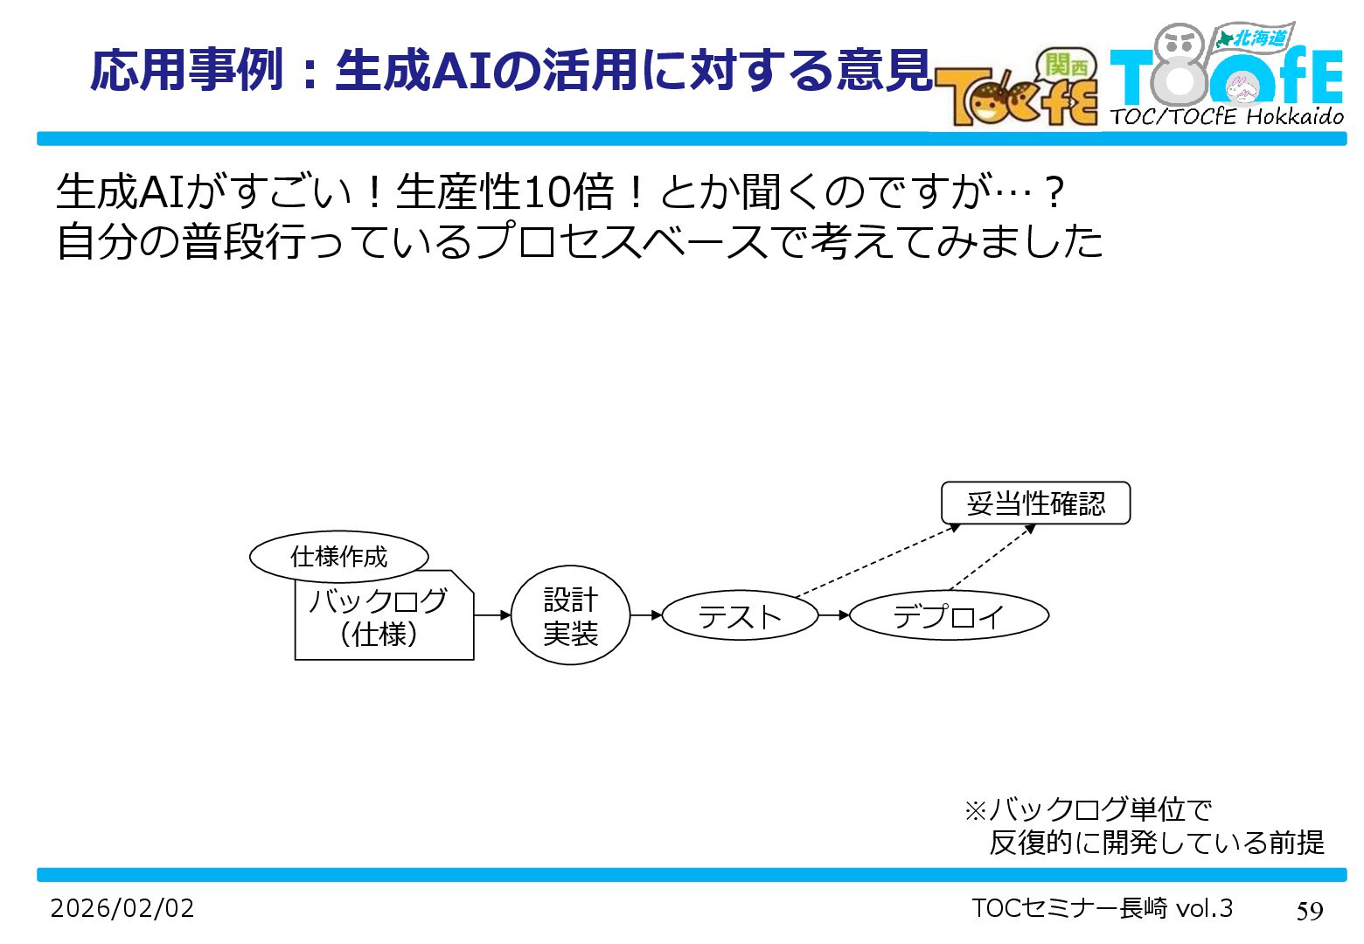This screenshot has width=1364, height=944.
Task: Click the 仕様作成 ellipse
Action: point(339,556)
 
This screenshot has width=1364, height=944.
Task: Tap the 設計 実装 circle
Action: point(570,615)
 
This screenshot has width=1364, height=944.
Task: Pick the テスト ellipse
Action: point(740,616)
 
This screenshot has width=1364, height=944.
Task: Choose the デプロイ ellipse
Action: point(949,616)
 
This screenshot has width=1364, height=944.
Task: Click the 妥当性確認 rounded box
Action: point(1035,503)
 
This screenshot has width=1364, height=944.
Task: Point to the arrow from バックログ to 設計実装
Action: point(492,615)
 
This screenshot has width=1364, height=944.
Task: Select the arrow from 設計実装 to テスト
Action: point(646,615)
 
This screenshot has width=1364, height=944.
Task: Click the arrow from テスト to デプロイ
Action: point(834,615)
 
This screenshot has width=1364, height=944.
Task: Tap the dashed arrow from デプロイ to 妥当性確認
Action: point(992,558)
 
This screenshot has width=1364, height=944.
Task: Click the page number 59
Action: point(1309,911)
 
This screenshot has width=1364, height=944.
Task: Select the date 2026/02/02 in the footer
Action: point(122,908)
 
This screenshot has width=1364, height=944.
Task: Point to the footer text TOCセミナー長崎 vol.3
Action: point(1102,908)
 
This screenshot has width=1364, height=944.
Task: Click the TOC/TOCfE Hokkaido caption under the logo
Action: point(1227,116)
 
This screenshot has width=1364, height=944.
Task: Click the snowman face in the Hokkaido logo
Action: point(1180,44)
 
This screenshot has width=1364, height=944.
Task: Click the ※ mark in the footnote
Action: point(975,810)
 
